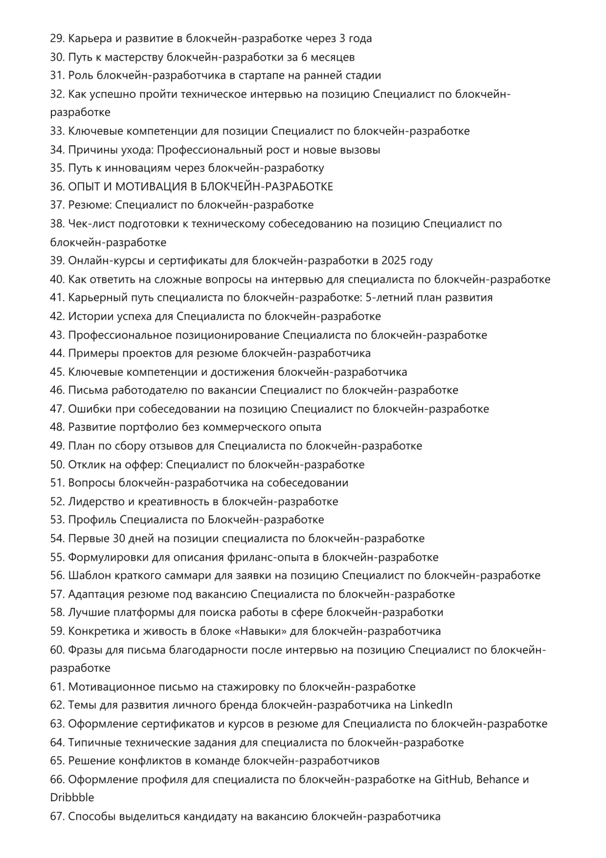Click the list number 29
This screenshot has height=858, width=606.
click(57, 39)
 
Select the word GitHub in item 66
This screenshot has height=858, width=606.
click(453, 779)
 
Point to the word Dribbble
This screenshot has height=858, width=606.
click(72, 797)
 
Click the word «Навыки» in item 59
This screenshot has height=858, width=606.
click(261, 631)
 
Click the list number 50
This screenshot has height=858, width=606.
click(57, 464)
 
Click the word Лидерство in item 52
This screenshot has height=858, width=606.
click(95, 502)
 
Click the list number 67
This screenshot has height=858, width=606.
click(57, 816)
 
